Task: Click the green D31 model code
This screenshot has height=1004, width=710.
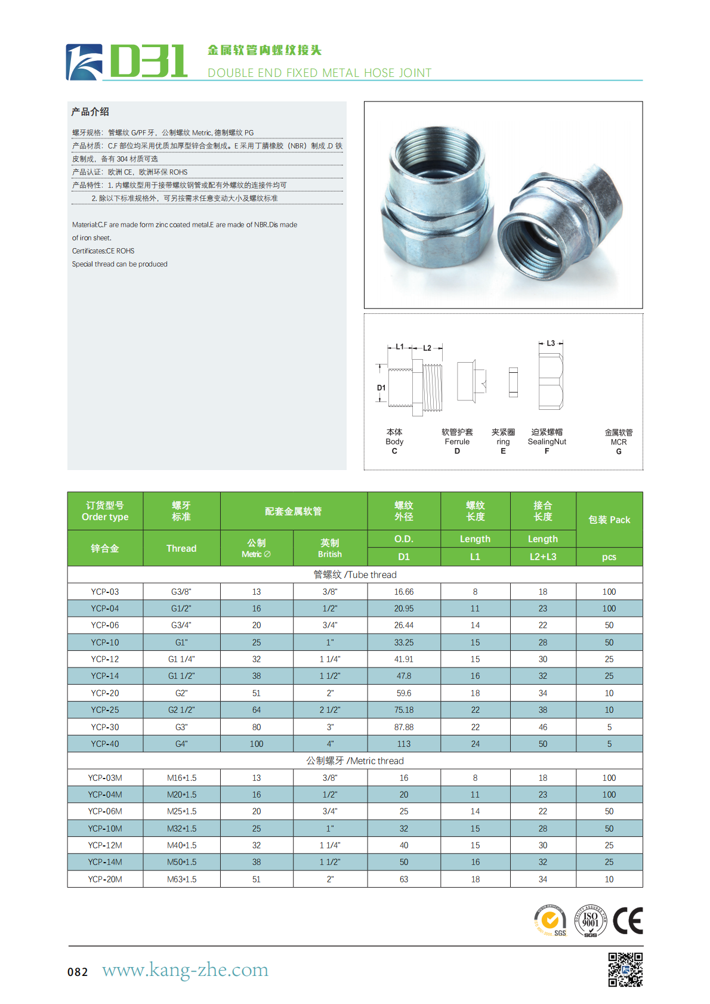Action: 149,61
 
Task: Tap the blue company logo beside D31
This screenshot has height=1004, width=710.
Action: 84,62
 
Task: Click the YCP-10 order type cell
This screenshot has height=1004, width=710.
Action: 105,642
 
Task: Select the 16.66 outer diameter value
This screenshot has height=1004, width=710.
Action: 403,592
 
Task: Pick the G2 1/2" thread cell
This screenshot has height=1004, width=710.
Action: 181,710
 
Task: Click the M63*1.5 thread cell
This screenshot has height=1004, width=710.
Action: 181,879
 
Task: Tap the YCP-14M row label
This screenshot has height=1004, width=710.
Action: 105,862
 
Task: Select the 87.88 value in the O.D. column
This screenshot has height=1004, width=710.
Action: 403,727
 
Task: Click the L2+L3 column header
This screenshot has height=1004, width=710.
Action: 543,557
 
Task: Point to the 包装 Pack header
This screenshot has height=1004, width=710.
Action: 609,520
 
